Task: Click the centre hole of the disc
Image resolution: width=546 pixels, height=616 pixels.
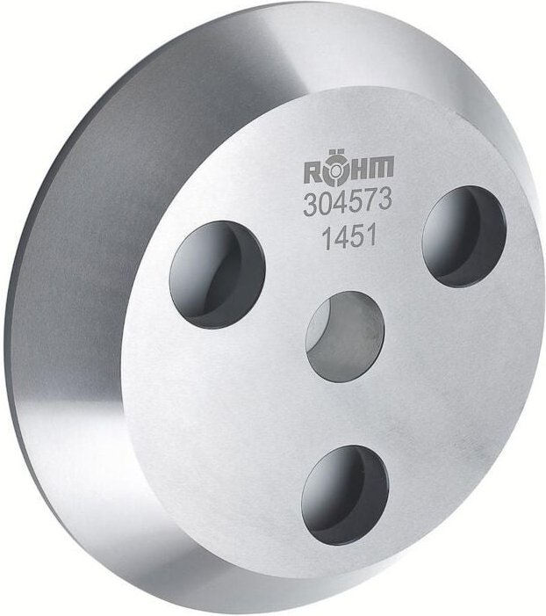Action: pos(345,337)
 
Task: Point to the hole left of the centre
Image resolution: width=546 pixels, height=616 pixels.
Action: pos(217,274)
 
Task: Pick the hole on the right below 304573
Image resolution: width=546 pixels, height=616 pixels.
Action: pos(463,236)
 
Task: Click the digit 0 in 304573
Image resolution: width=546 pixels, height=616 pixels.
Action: pos(323,204)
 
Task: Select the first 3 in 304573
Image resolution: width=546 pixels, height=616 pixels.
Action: pos(310,204)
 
